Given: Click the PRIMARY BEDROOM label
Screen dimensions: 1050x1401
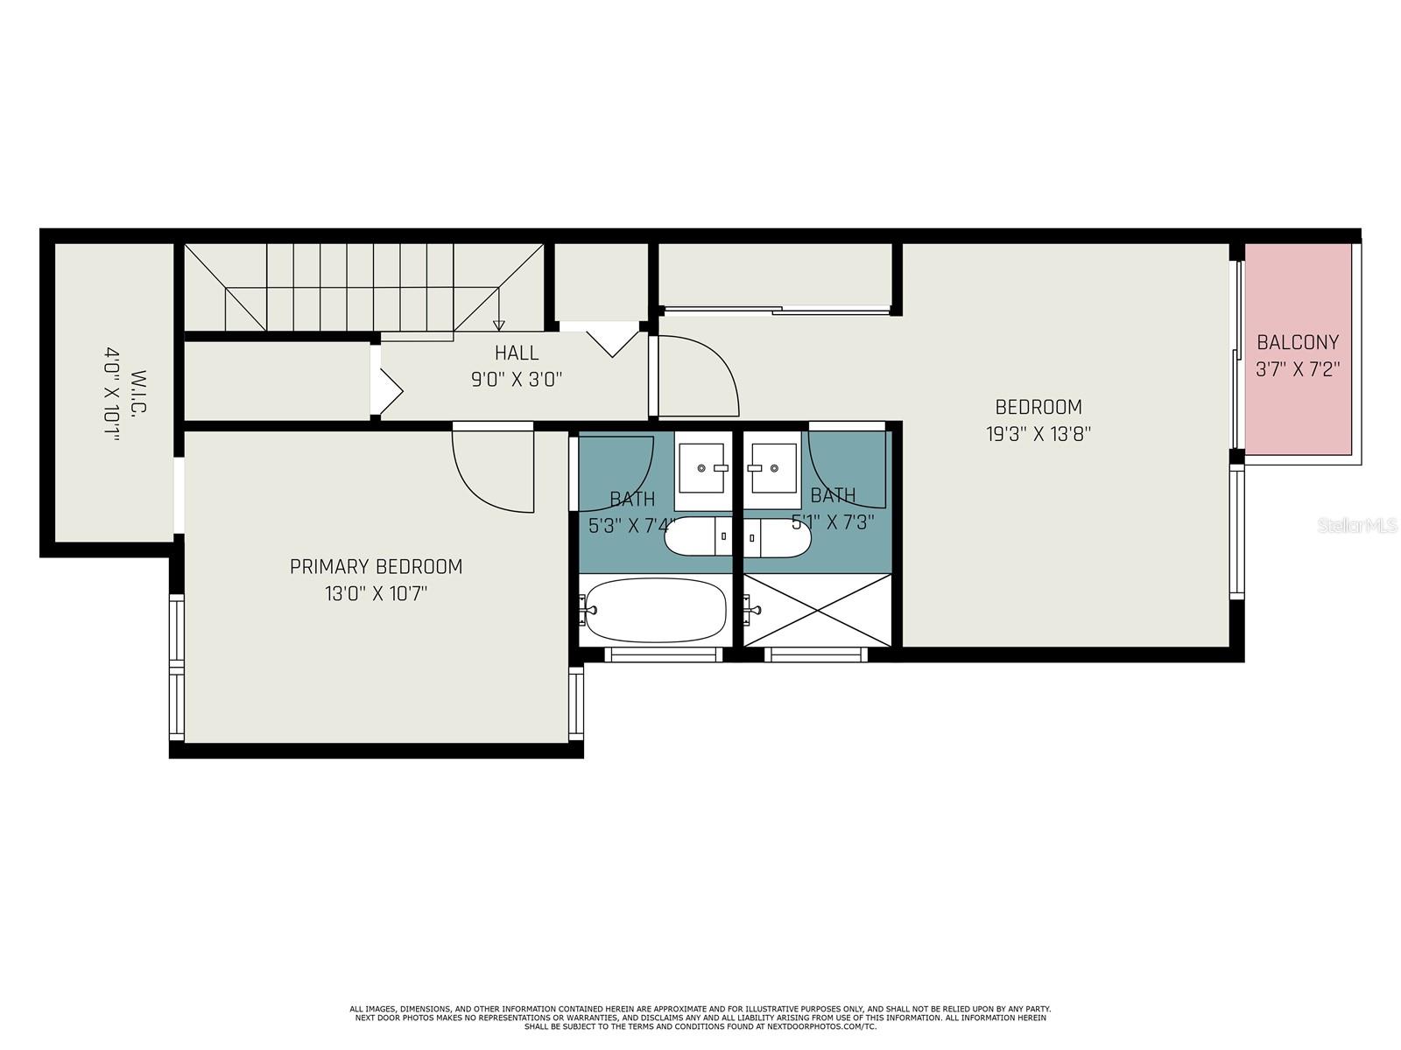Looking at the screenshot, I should (376, 567).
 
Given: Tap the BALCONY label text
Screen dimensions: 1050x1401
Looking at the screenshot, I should (1298, 342).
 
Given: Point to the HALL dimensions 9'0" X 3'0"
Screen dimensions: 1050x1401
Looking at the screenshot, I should (517, 380).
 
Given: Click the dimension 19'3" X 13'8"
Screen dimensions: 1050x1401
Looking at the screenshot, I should (1038, 434).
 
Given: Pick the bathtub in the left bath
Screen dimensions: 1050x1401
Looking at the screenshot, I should (655, 610).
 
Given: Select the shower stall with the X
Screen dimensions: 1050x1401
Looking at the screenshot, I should (818, 610).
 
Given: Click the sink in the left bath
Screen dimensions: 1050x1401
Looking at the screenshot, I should (704, 468).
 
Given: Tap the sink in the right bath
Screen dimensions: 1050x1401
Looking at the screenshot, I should (771, 468).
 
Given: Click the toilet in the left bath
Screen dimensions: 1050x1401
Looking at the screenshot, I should (699, 536).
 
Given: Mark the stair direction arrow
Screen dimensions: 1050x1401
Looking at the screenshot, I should (499, 325).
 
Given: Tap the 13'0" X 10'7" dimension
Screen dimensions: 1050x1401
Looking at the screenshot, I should (376, 594).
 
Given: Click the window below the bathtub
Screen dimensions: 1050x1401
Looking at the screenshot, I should (664, 654).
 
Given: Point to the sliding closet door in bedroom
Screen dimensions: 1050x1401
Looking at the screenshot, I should (778, 309).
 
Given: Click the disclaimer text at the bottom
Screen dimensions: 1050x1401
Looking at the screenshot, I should (700, 1018).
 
